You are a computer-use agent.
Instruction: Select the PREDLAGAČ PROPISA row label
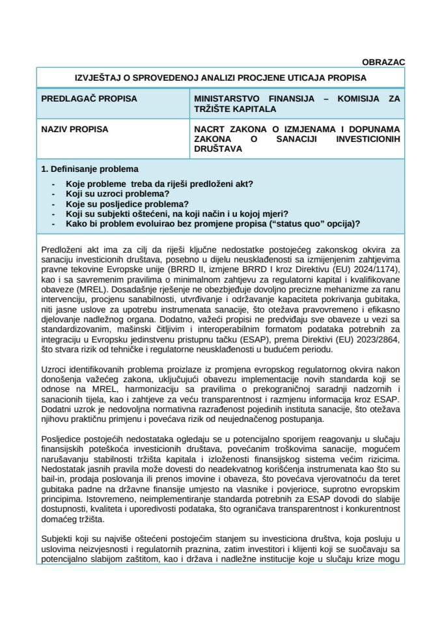[89, 99]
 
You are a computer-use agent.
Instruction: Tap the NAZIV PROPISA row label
[75, 130]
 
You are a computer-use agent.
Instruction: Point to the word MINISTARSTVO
[225, 99]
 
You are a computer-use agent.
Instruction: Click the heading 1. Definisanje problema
[89, 169]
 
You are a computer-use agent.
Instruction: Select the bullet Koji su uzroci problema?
[118, 194]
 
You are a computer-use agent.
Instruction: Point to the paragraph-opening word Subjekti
[59, 541]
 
